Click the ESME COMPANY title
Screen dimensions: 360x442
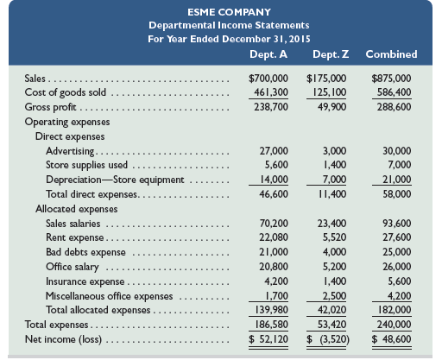coord(221,11)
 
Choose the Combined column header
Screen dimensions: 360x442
coord(391,54)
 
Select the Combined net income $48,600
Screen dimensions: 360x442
coord(393,340)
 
